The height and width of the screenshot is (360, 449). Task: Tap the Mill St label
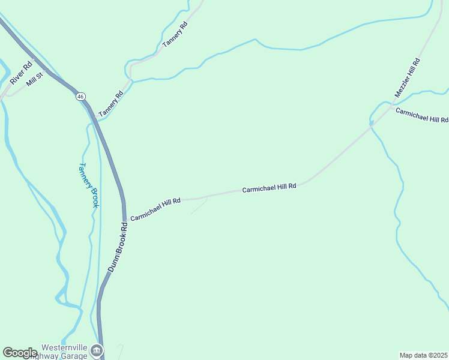coord(35,79)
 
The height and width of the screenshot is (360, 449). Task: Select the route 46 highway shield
coord(80,96)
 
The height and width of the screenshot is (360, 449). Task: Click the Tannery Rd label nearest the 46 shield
coord(110,103)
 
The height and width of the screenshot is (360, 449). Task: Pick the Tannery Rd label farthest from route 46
coord(175,34)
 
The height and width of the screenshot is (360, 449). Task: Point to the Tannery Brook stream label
coord(89,185)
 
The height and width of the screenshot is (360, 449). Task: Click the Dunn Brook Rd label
coord(118,247)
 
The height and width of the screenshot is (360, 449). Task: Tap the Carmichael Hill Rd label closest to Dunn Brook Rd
coord(155,209)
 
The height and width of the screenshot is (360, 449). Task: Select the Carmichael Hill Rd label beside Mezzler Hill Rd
coord(422,116)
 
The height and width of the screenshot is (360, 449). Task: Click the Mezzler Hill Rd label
coord(407,78)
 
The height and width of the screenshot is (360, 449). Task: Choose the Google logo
coord(20,353)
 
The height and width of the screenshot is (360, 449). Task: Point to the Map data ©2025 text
coord(424,355)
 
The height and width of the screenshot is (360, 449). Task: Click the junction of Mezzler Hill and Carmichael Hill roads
coord(372,123)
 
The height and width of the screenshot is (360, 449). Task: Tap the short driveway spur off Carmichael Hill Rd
coord(200,206)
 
